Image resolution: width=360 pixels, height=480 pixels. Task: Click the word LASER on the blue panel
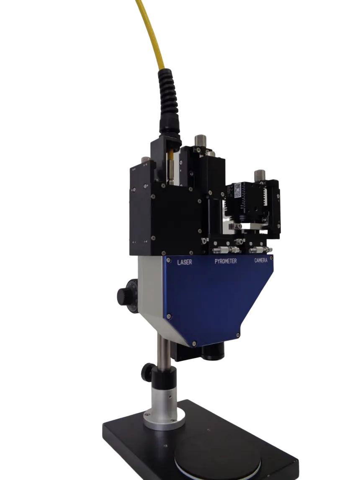(x=185, y=262)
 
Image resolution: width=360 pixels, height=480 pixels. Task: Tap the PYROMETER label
(x=226, y=261)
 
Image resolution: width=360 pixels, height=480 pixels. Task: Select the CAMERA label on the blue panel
(x=261, y=260)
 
